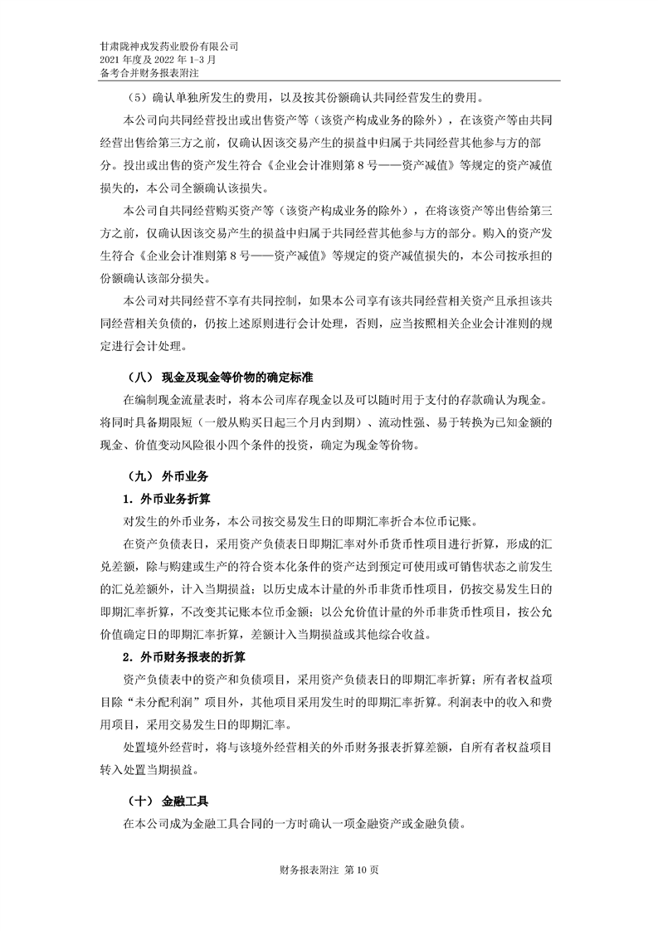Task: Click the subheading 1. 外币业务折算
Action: [165, 500]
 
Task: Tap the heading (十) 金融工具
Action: [163, 803]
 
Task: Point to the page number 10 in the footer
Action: [359, 870]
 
